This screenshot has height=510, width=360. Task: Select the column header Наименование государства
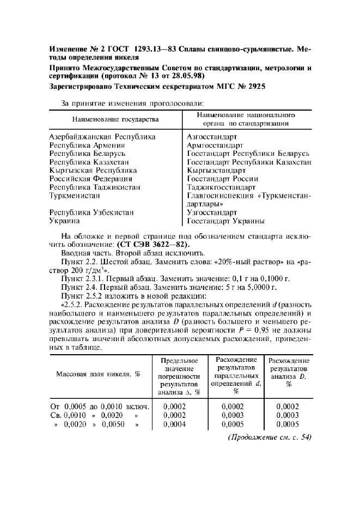pos(115,119)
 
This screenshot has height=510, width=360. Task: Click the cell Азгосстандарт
pos(212,137)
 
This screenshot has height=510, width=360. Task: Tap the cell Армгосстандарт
pos(215,145)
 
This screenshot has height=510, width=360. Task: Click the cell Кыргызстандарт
pos(216,171)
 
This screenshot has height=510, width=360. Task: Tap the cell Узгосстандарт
pos(212,212)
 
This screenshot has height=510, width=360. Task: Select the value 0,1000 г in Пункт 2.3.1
pos(276,278)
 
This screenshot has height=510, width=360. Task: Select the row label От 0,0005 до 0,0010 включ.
pos(96,406)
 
